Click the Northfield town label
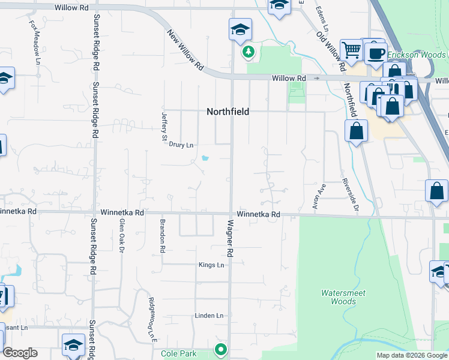coord(228,112)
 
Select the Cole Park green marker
coord(221,348)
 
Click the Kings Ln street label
coord(211,265)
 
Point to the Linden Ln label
coord(209,316)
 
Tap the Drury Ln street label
coord(181,145)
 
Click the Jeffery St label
coord(164,127)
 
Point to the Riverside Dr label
coord(350,195)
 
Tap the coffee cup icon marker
coord(376,53)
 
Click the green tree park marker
coord(248,52)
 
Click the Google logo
coord(20,353)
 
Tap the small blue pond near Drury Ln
coord(206,159)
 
